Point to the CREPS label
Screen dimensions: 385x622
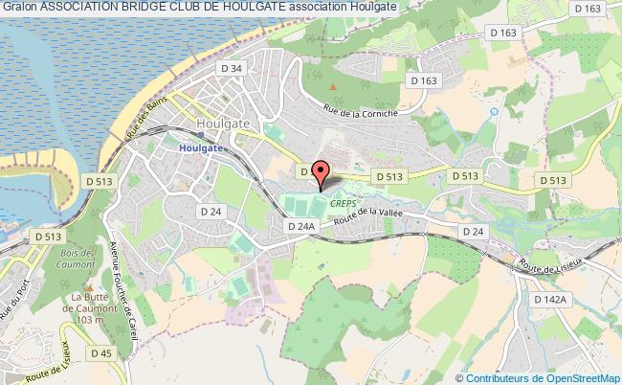pyautogui.click(x=343, y=204)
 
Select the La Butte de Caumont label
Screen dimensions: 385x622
pyautogui.click(x=80, y=306)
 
